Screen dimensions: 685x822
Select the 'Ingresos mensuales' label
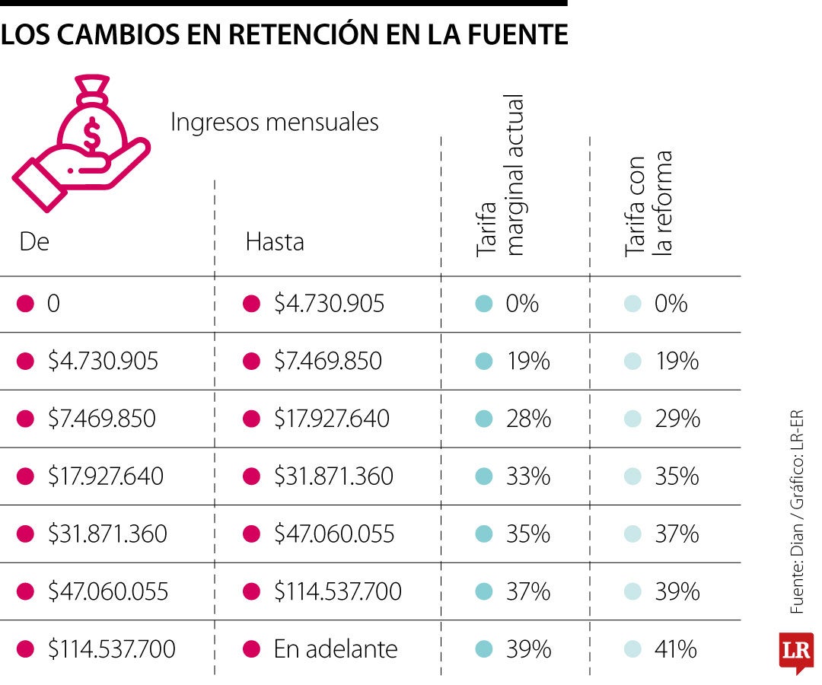point(274,122)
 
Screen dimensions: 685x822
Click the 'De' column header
point(34,241)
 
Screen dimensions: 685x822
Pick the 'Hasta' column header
point(274,241)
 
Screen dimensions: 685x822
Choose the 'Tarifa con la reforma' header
point(648,204)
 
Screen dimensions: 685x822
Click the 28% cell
point(527,419)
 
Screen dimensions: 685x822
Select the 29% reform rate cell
point(677,419)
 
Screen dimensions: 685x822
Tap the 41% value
point(675,649)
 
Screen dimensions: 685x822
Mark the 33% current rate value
point(527,476)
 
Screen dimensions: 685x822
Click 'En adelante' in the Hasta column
point(335,649)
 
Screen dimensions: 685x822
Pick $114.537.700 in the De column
point(111,649)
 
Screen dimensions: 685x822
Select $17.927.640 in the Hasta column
point(331,419)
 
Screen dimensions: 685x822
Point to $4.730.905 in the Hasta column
point(329,304)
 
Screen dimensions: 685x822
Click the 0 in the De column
point(53,304)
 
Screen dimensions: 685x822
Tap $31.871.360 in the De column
point(107,534)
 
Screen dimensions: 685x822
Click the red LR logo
point(795,652)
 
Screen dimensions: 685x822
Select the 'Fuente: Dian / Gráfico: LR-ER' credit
point(797,512)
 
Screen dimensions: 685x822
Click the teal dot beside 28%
point(483,419)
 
